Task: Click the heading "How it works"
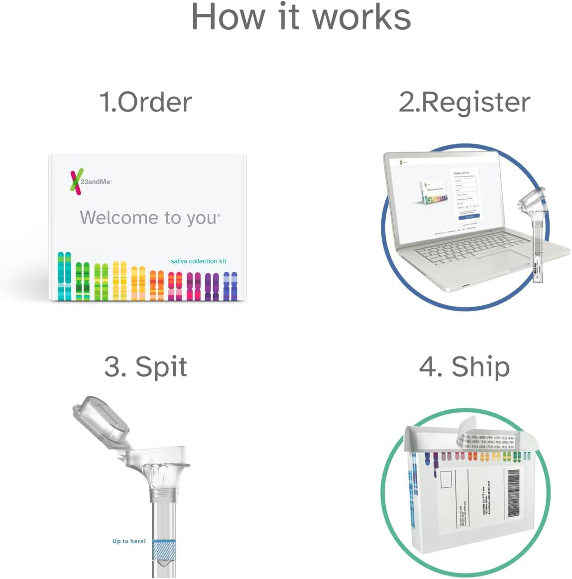pyautogui.click(x=301, y=17)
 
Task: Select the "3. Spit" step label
pyautogui.click(x=145, y=367)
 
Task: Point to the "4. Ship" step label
pyautogui.click(x=464, y=367)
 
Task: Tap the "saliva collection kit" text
pyautogui.click(x=198, y=261)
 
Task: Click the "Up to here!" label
pyautogui.click(x=129, y=541)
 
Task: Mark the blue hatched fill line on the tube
pyautogui.click(x=164, y=550)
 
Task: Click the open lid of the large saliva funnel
pyautogui.click(x=101, y=418)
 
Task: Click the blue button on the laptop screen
pyautogui.click(x=469, y=217)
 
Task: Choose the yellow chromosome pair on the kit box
pyautogui.click(x=119, y=280)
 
